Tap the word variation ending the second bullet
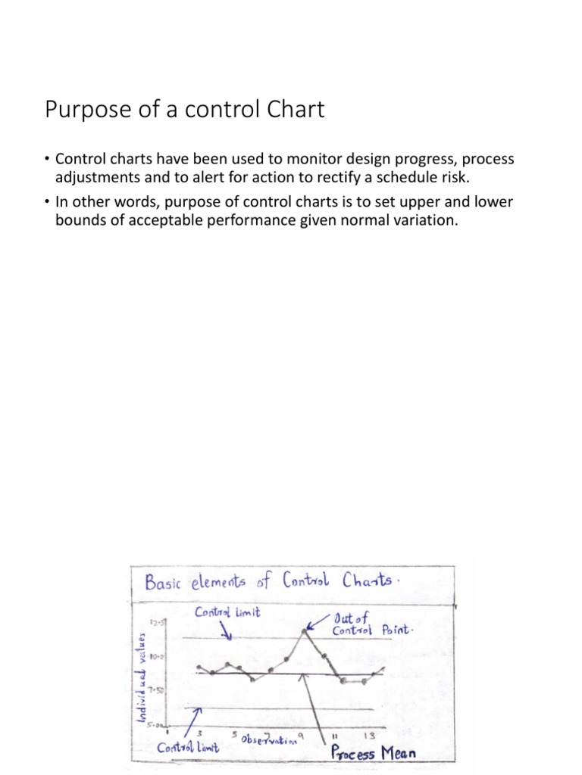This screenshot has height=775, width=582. (427, 219)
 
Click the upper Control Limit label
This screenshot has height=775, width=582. (228, 612)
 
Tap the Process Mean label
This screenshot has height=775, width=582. (374, 754)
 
